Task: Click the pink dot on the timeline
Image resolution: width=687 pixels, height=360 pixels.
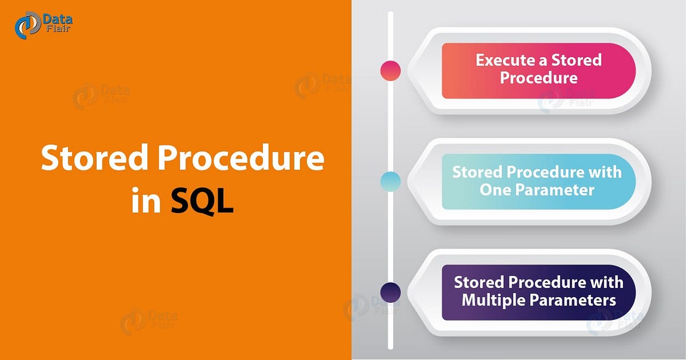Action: [390, 70]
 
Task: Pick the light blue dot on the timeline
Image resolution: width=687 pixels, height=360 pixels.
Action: [390, 181]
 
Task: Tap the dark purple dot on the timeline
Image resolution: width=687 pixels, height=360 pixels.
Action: [390, 292]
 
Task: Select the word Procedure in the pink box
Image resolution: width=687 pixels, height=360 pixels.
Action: [539, 78]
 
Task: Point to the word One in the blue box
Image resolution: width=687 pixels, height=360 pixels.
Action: [496, 189]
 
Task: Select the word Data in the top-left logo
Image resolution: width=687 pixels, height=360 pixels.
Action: [57, 19]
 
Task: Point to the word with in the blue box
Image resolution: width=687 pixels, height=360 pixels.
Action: [606, 172]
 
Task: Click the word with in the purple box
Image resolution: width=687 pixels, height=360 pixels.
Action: [607, 283]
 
